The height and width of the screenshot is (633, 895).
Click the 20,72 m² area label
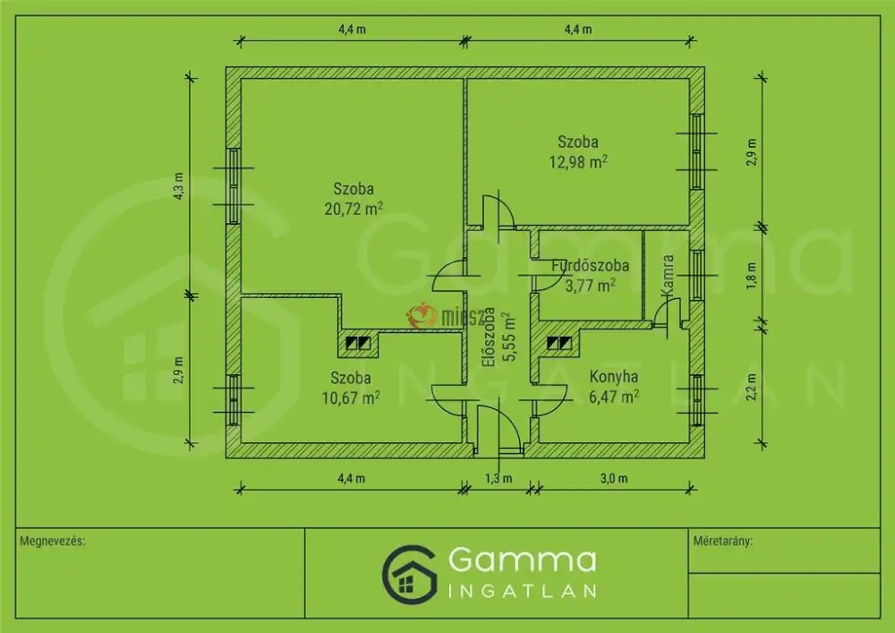tap(354, 209)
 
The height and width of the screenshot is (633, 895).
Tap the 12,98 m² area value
tap(577, 161)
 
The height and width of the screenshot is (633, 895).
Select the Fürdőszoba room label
tap(590, 265)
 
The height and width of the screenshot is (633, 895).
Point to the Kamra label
tap(668, 275)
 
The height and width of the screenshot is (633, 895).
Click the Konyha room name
tap(614, 377)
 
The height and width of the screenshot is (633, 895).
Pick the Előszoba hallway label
tap(488, 338)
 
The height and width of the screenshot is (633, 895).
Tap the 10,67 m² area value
tap(351, 398)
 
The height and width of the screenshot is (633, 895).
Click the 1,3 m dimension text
tap(499, 478)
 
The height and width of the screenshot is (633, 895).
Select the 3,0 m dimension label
tap(614, 478)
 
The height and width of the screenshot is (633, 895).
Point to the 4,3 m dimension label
tap(179, 185)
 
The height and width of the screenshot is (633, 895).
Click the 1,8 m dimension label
tap(751, 276)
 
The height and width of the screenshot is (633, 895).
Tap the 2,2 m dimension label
tap(751, 387)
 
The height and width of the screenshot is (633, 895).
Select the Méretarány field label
tap(722, 541)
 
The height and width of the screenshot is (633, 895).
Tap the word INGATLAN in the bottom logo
tap(523, 591)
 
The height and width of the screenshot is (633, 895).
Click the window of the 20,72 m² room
tap(234, 186)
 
